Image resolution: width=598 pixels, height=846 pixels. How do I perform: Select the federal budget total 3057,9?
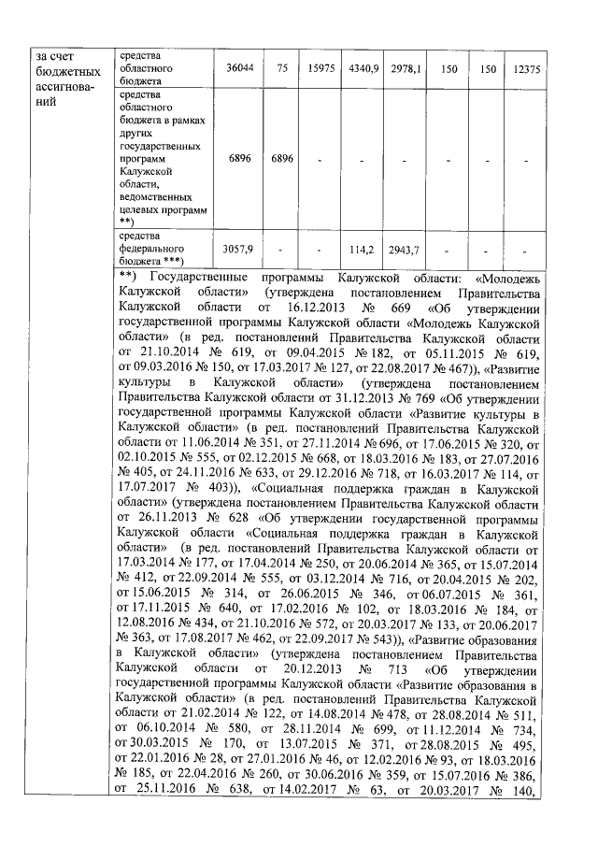(239, 250)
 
